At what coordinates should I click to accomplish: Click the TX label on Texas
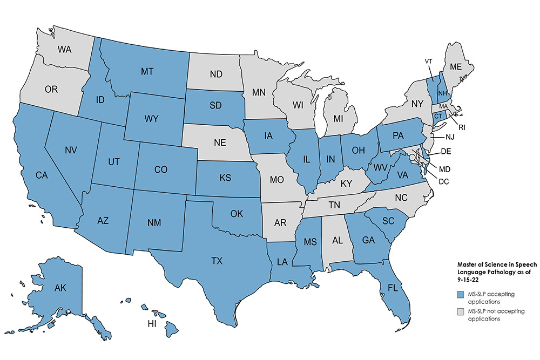point(217,261)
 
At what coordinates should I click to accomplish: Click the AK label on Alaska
point(45,288)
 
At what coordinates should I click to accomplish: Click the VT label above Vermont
point(429,61)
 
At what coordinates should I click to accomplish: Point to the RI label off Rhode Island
point(463,128)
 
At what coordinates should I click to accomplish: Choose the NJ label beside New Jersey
point(449,138)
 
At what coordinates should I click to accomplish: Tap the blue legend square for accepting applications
point(460,294)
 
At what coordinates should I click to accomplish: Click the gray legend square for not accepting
point(460,311)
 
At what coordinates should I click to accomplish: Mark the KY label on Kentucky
point(346,184)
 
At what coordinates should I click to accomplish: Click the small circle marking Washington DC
point(412,157)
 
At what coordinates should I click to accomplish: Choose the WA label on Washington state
point(65,49)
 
